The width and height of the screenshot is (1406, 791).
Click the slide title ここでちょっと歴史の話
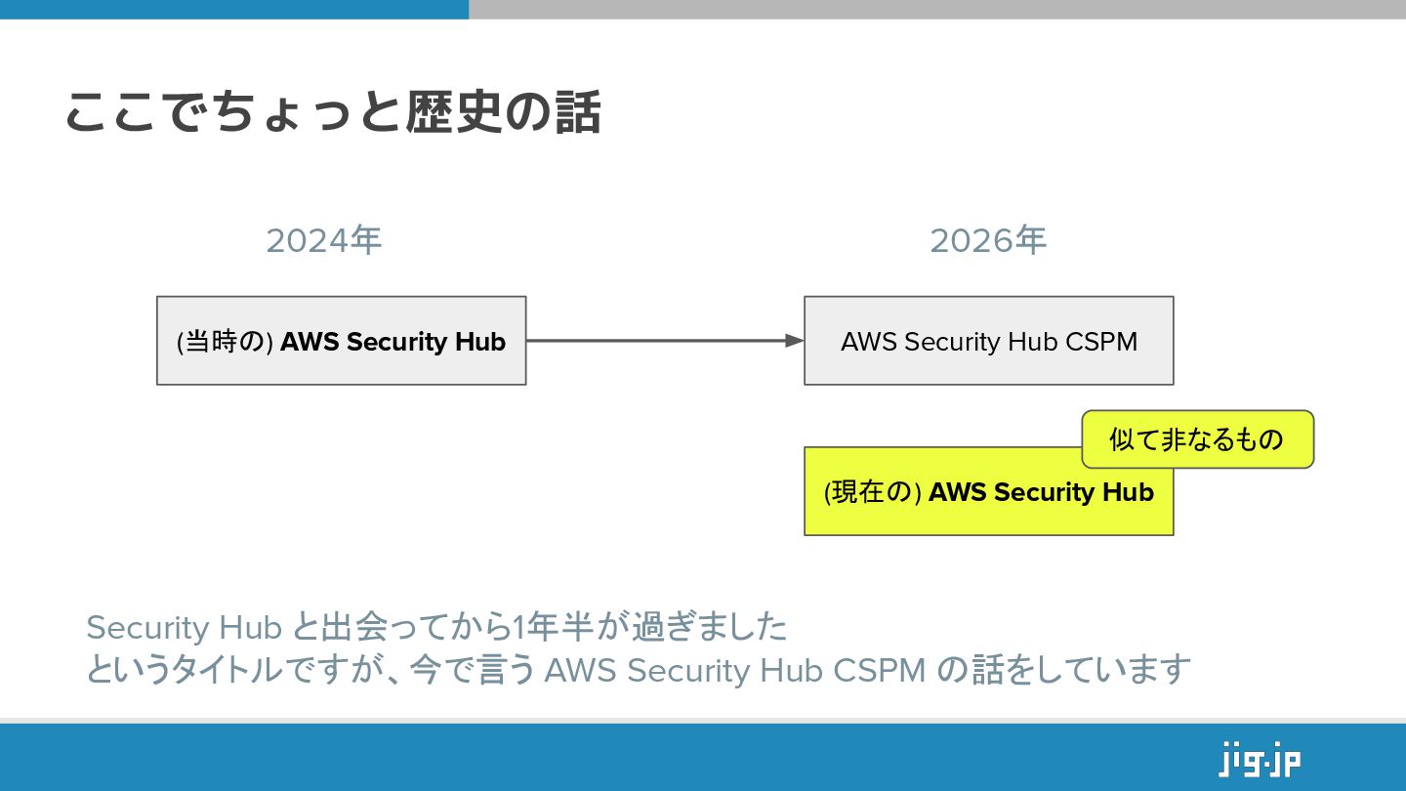[332, 112]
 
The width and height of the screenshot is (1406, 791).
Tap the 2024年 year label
[323, 240]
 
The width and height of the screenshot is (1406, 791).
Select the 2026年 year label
[988, 240]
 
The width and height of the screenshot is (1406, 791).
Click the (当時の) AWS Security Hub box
[341, 341]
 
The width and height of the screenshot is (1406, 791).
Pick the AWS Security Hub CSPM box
[988, 341]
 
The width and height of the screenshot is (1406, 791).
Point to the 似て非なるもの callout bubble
[1197, 439]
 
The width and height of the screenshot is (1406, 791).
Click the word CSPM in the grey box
[1101, 343]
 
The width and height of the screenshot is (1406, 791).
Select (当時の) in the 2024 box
[225, 343]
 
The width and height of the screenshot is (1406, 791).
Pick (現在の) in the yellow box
[873, 492]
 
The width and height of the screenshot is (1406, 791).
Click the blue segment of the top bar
[234, 9]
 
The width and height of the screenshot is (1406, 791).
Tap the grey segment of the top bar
[937, 9]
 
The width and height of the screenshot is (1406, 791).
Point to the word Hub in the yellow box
[1128, 492]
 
